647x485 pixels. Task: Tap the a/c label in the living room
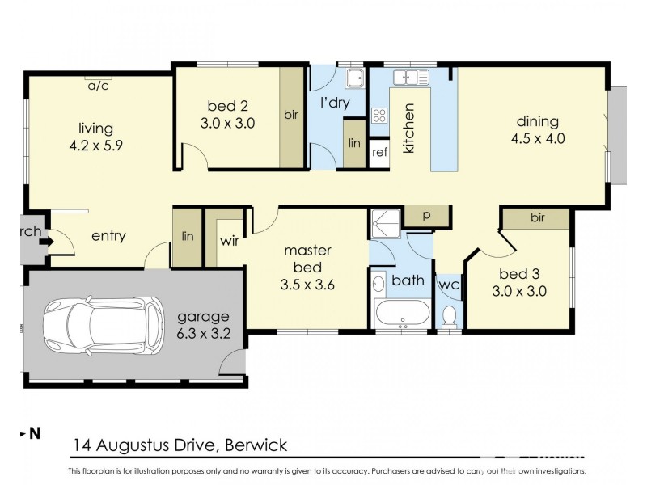pyautogui.click(x=99, y=85)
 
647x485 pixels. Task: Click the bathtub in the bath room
pyautogui.click(x=402, y=313)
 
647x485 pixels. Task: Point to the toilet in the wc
pyautogui.click(x=449, y=314)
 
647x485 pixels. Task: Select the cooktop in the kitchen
pyautogui.click(x=378, y=115)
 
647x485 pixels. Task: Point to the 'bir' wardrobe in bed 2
pyautogui.click(x=290, y=116)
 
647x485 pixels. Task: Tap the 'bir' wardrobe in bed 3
pyautogui.click(x=536, y=217)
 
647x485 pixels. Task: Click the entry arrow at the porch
pyautogui.click(x=47, y=240)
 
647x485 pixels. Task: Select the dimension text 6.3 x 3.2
pyautogui.click(x=203, y=332)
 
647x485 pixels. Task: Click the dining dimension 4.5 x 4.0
pyautogui.click(x=538, y=138)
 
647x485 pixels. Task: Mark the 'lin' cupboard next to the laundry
pyautogui.click(x=354, y=143)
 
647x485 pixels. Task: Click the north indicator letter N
pyautogui.click(x=35, y=434)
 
